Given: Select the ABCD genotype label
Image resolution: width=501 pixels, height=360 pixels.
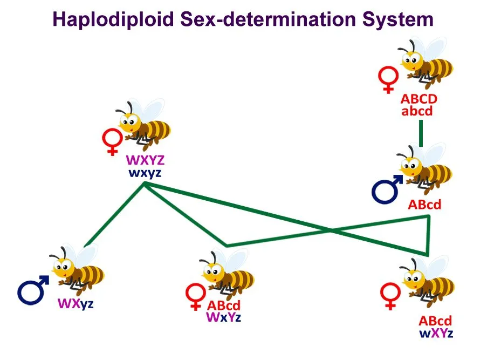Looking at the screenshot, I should click(418, 100).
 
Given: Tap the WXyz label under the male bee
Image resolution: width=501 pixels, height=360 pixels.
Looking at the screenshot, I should click(76, 303).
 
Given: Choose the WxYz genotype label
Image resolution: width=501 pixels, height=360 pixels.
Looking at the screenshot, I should click(223, 317).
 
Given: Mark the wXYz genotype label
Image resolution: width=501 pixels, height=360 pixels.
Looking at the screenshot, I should click(436, 332).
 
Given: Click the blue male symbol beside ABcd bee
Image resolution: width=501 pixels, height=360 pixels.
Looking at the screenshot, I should click(387, 189).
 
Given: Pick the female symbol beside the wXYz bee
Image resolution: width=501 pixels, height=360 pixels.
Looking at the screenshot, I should click(389, 297).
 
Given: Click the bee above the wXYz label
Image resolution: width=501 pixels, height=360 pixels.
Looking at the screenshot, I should click(428, 284).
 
